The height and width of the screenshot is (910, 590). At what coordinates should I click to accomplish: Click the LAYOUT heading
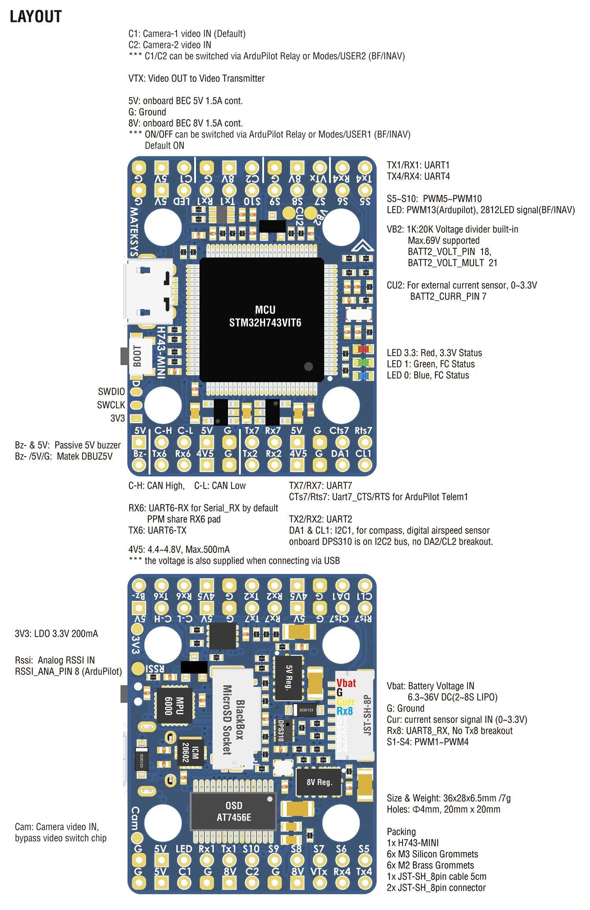(x=35, y=17)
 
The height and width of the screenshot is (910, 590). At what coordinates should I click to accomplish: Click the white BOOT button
(x=138, y=356)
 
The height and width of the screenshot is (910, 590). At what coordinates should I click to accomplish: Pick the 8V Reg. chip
(x=319, y=782)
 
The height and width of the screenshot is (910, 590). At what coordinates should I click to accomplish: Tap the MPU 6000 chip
(x=174, y=705)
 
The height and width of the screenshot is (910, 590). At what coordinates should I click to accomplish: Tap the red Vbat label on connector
(x=346, y=683)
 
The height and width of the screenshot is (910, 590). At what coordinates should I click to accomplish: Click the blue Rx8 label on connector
(x=345, y=711)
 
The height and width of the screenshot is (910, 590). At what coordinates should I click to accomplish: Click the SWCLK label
(x=111, y=405)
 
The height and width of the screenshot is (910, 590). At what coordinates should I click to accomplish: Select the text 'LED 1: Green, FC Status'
(x=431, y=364)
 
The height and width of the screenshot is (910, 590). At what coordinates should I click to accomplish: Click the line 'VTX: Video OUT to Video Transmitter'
(x=196, y=78)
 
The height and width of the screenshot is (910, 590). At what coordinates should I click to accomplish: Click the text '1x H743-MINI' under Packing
(x=413, y=842)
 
